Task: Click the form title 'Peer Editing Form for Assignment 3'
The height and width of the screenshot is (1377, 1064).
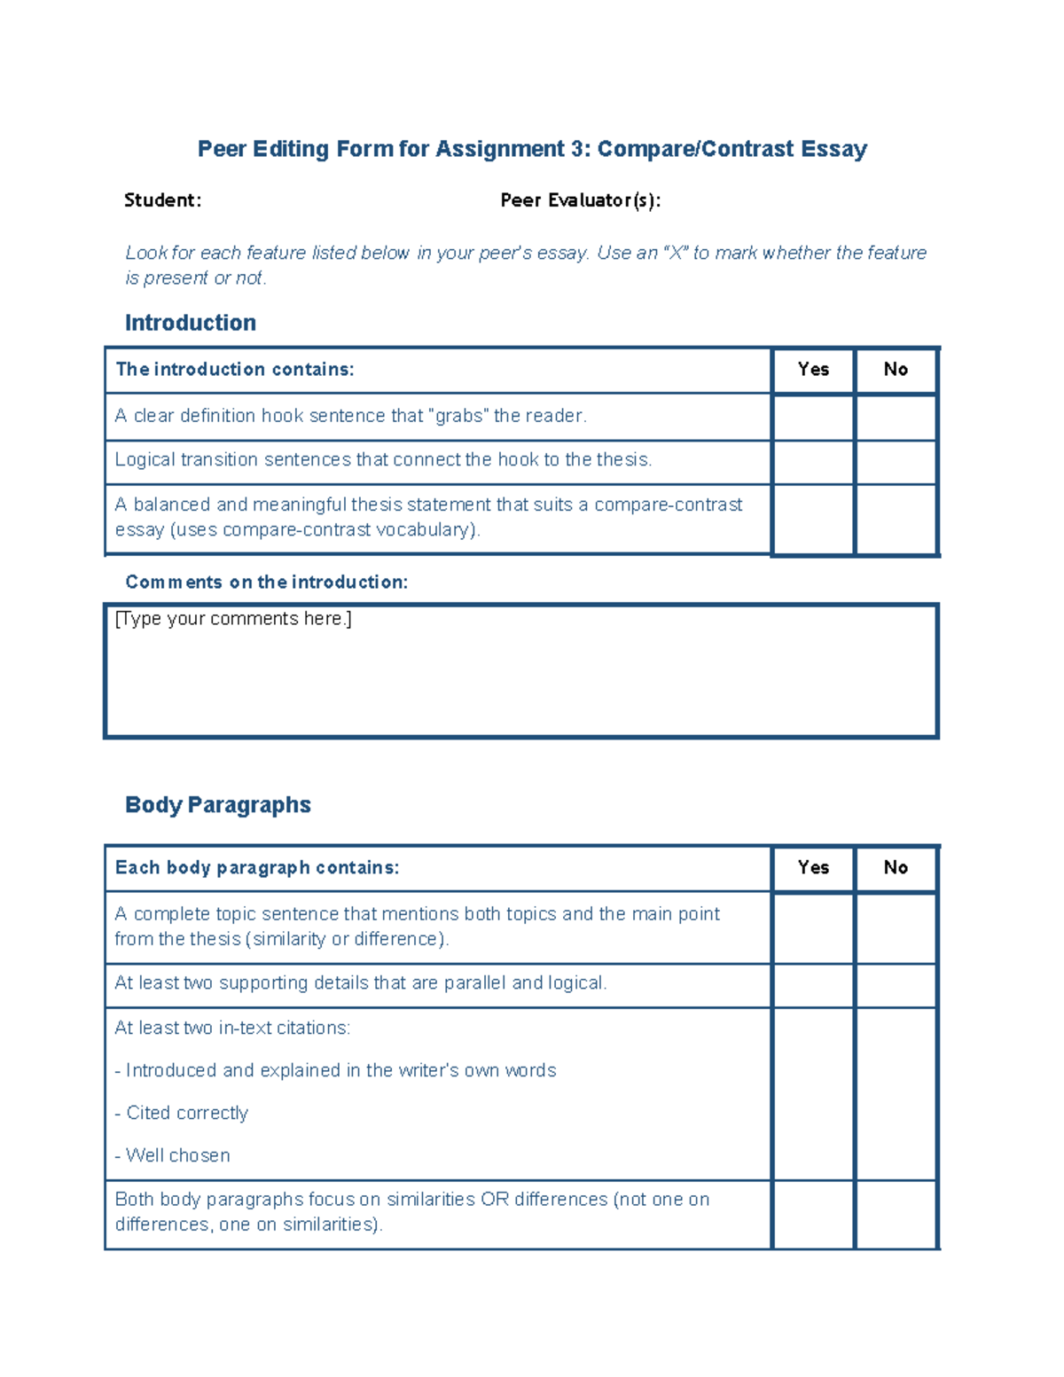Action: [x=531, y=149]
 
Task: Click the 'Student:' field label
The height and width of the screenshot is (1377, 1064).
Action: [x=162, y=200]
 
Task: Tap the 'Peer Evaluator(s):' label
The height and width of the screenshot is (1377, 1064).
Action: [x=580, y=200]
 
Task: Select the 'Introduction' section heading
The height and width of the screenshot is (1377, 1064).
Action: [x=190, y=323]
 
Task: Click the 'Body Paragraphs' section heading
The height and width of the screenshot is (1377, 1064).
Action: [x=217, y=805]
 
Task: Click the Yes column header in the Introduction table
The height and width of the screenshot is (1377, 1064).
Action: [x=813, y=370]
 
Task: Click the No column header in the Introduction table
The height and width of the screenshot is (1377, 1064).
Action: [x=896, y=370]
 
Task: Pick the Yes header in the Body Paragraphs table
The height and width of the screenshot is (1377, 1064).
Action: [x=813, y=868]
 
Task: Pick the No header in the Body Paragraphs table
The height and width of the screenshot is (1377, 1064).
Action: [x=896, y=868]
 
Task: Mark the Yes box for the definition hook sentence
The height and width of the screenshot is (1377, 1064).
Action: [x=813, y=417]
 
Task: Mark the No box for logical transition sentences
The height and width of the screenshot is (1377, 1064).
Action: [x=896, y=462]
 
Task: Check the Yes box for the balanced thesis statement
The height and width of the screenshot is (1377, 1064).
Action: [x=813, y=519]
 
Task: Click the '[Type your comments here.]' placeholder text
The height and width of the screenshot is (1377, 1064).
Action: [x=233, y=619]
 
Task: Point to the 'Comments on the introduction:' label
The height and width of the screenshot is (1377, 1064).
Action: [x=266, y=583]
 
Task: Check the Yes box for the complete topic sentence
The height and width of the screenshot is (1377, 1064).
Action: [x=813, y=927]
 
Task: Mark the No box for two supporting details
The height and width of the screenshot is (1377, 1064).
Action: [x=896, y=985]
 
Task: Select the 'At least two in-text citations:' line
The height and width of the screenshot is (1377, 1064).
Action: [x=232, y=1029]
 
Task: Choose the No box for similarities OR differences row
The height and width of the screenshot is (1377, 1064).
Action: [x=896, y=1214]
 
